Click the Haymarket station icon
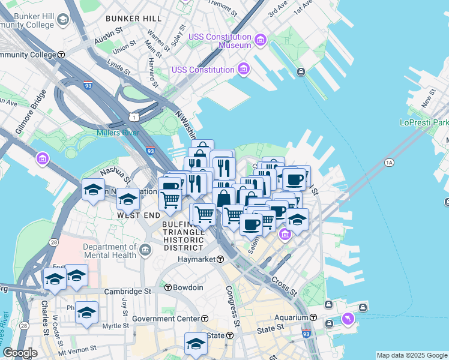point(221,259)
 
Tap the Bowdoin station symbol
point(168,287)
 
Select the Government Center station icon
point(205,319)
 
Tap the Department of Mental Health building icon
point(145,249)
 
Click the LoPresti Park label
point(424,122)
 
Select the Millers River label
point(118,133)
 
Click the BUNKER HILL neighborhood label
point(133,19)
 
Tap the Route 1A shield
point(389,163)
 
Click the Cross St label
point(283,286)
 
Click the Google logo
point(20,353)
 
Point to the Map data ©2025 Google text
point(412,355)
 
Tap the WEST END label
point(138,215)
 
